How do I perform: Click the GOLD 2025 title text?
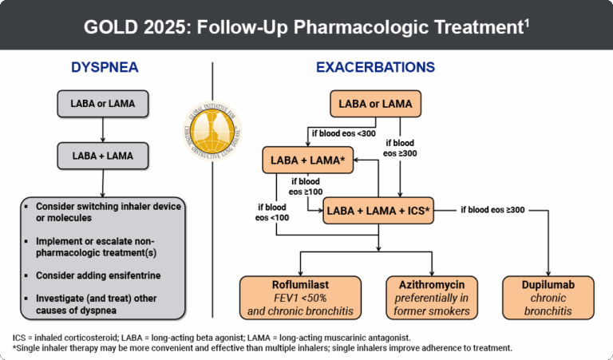click(x=306, y=26)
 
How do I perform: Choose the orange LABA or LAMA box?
click(x=375, y=104)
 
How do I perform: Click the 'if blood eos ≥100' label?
click(x=306, y=187)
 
